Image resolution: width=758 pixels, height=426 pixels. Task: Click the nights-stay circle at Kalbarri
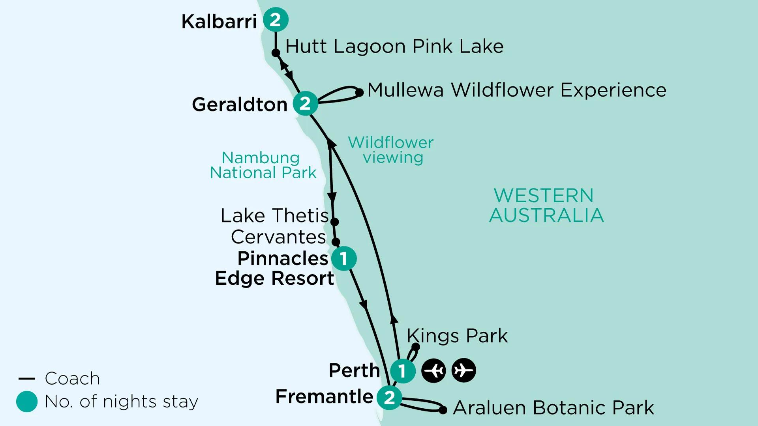(276, 20)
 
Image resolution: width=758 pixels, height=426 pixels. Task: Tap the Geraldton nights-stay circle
(305, 103)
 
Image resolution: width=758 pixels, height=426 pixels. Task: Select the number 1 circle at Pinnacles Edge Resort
(343, 259)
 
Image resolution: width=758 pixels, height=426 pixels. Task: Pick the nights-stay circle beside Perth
(402, 371)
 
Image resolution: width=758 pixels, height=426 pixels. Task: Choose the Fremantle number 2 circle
(389, 398)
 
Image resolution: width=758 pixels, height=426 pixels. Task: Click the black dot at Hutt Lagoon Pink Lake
(276, 53)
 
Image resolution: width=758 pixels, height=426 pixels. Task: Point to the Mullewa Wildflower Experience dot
(359, 93)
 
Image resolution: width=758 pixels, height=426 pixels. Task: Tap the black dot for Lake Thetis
(334, 222)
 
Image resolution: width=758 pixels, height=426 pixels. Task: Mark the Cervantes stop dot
(336, 241)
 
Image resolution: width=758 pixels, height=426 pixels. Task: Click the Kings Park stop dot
(416, 347)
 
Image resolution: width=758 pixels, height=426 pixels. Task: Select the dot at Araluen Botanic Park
(443, 410)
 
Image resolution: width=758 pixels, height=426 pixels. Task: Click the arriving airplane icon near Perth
(433, 370)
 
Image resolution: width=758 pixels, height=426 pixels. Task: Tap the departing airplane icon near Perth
(463, 370)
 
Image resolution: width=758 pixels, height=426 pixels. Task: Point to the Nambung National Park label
(263, 165)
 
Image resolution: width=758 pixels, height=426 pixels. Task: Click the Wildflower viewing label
(391, 150)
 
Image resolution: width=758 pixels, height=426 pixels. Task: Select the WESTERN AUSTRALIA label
(546, 206)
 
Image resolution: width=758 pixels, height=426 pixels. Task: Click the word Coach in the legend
(72, 379)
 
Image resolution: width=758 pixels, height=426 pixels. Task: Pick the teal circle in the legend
(27, 402)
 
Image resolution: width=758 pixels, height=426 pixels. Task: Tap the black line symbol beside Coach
(27, 379)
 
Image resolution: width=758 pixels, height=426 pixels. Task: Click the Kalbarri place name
(219, 22)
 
